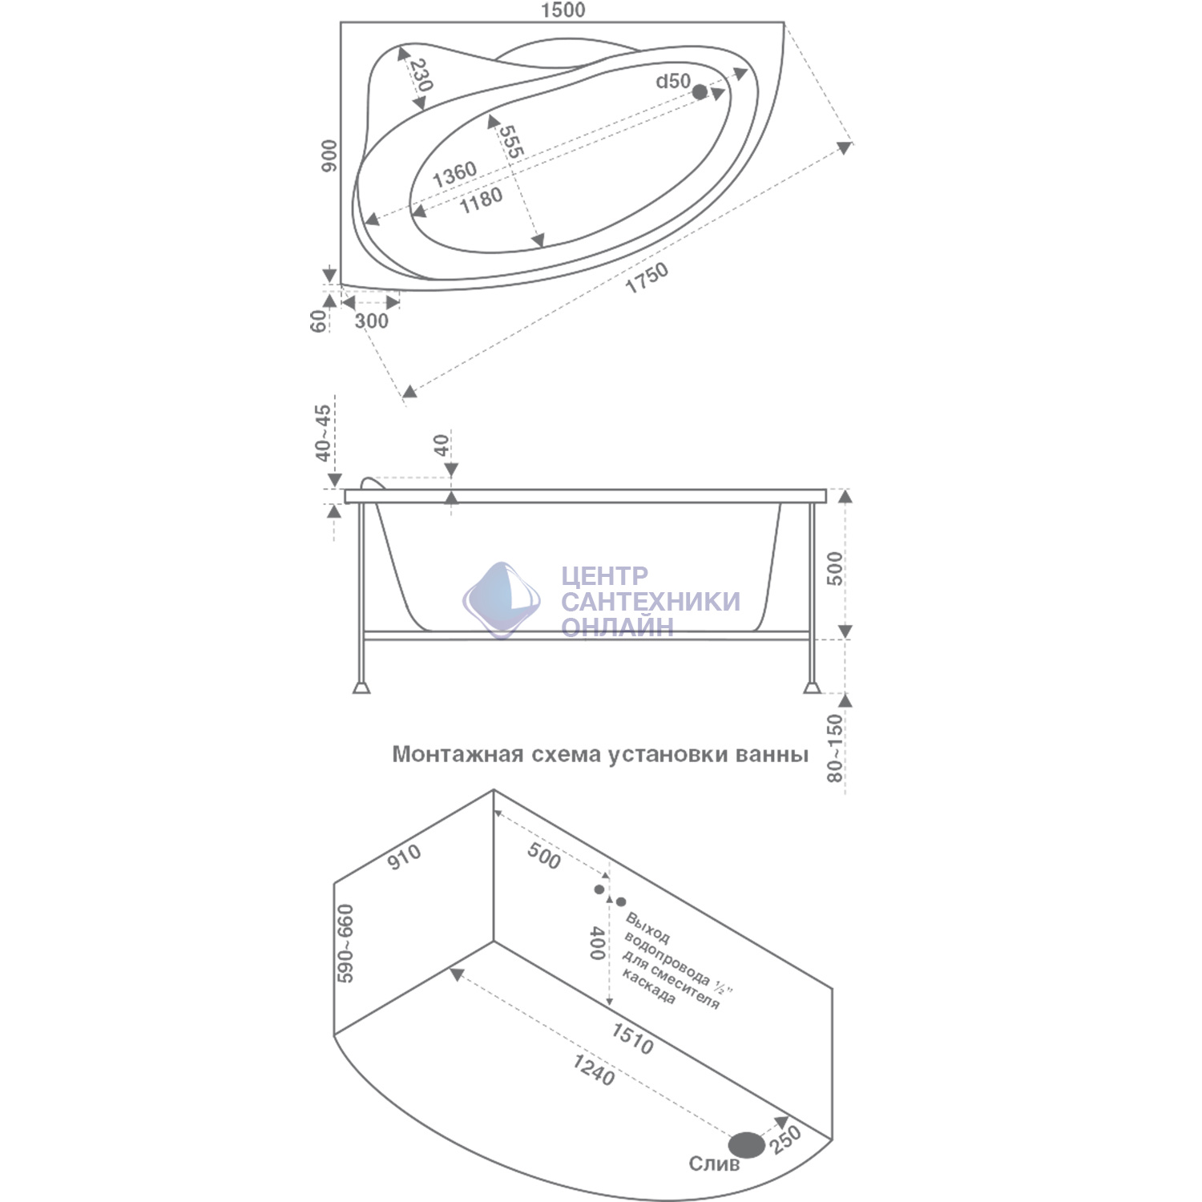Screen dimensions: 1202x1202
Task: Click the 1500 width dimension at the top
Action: [x=563, y=10]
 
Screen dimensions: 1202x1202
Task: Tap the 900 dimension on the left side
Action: [x=329, y=155]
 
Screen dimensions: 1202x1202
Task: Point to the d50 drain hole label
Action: [x=673, y=81]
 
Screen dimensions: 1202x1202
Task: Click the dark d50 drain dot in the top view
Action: [x=700, y=92]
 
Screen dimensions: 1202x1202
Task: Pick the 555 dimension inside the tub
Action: [x=511, y=141]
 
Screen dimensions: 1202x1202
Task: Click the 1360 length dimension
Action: [x=454, y=174]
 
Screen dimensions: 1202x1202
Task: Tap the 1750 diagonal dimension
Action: [x=647, y=277]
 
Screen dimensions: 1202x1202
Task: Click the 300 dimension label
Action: [x=371, y=321]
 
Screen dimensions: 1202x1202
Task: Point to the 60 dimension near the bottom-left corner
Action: [x=318, y=321]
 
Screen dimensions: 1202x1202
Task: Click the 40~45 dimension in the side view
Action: [x=322, y=433]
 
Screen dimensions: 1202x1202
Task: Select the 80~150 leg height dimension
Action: [x=835, y=748]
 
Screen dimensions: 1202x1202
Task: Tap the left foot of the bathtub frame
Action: [x=361, y=687]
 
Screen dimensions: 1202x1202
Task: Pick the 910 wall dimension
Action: [x=404, y=856]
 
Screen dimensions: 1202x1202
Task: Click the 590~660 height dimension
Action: [x=345, y=943]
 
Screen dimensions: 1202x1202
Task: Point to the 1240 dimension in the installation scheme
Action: [x=594, y=1070]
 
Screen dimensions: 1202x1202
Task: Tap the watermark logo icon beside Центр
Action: [x=501, y=600]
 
